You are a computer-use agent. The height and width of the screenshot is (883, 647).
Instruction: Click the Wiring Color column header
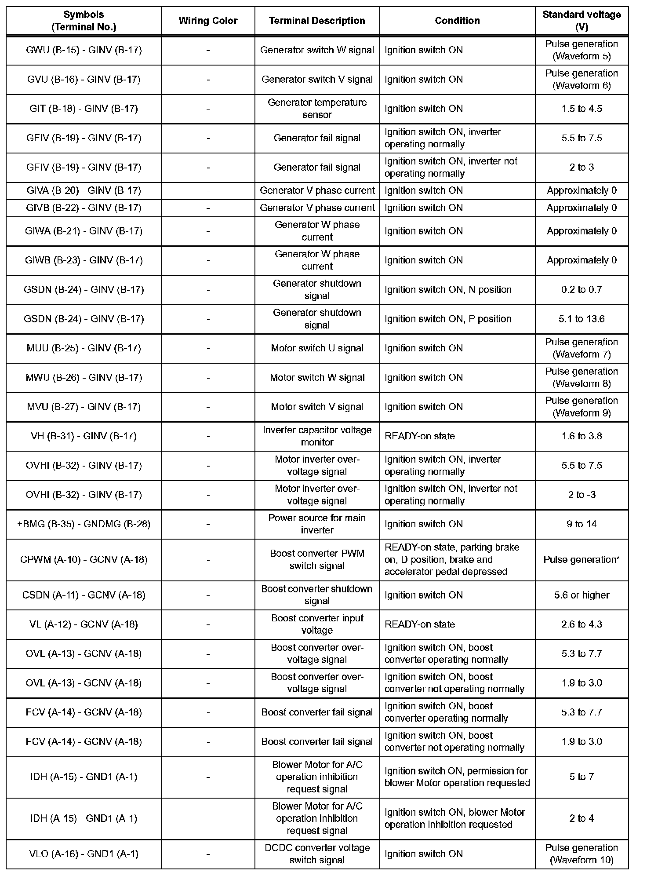[208, 21]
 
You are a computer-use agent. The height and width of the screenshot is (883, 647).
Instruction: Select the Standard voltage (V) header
[582, 21]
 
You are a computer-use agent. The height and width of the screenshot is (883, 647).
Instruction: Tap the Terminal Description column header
[317, 21]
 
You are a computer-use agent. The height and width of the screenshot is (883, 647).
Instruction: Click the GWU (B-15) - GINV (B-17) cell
[84, 50]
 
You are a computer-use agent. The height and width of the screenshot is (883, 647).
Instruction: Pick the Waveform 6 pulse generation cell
[582, 80]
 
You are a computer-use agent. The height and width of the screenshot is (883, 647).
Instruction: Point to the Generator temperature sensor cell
[317, 109]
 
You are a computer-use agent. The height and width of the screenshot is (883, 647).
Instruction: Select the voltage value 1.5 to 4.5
[582, 109]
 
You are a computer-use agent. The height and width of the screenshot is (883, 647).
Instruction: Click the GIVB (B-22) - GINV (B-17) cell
[84, 208]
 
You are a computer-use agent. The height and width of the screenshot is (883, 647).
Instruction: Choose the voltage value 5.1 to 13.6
[582, 319]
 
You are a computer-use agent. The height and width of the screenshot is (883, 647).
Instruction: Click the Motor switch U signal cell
[317, 348]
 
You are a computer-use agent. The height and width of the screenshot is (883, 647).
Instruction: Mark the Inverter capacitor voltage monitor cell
[317, 436]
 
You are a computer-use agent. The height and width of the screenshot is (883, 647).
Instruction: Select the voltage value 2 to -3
[582, 495]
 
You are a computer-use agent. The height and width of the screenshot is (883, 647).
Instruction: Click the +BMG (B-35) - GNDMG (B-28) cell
[84, 524]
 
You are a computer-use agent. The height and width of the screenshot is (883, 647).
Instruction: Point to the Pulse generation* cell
[582, 560]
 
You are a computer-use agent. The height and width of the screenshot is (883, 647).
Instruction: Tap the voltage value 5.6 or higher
[582, 595]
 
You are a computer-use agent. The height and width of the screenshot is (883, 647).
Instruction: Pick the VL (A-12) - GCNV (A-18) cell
[84, 624]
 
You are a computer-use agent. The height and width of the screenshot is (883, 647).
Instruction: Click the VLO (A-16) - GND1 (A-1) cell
[84, 854]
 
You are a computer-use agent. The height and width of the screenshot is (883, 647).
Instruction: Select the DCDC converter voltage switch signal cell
[317, 854]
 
